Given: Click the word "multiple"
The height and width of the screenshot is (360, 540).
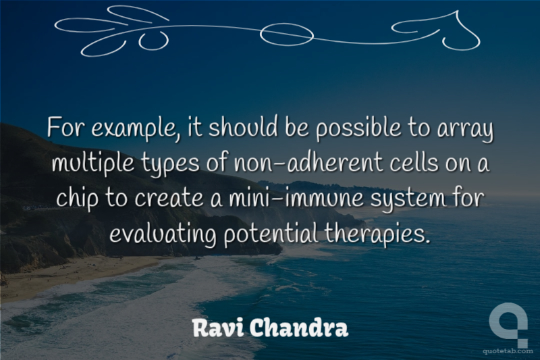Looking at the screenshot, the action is (93, 163).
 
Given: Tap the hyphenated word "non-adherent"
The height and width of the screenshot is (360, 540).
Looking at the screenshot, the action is (308, 162).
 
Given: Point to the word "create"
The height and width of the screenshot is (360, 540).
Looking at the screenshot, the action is (169, 199).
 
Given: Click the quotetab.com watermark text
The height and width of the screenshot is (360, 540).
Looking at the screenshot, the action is (508, 351).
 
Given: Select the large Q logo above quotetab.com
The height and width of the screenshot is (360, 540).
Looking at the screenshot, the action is (509, 324).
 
